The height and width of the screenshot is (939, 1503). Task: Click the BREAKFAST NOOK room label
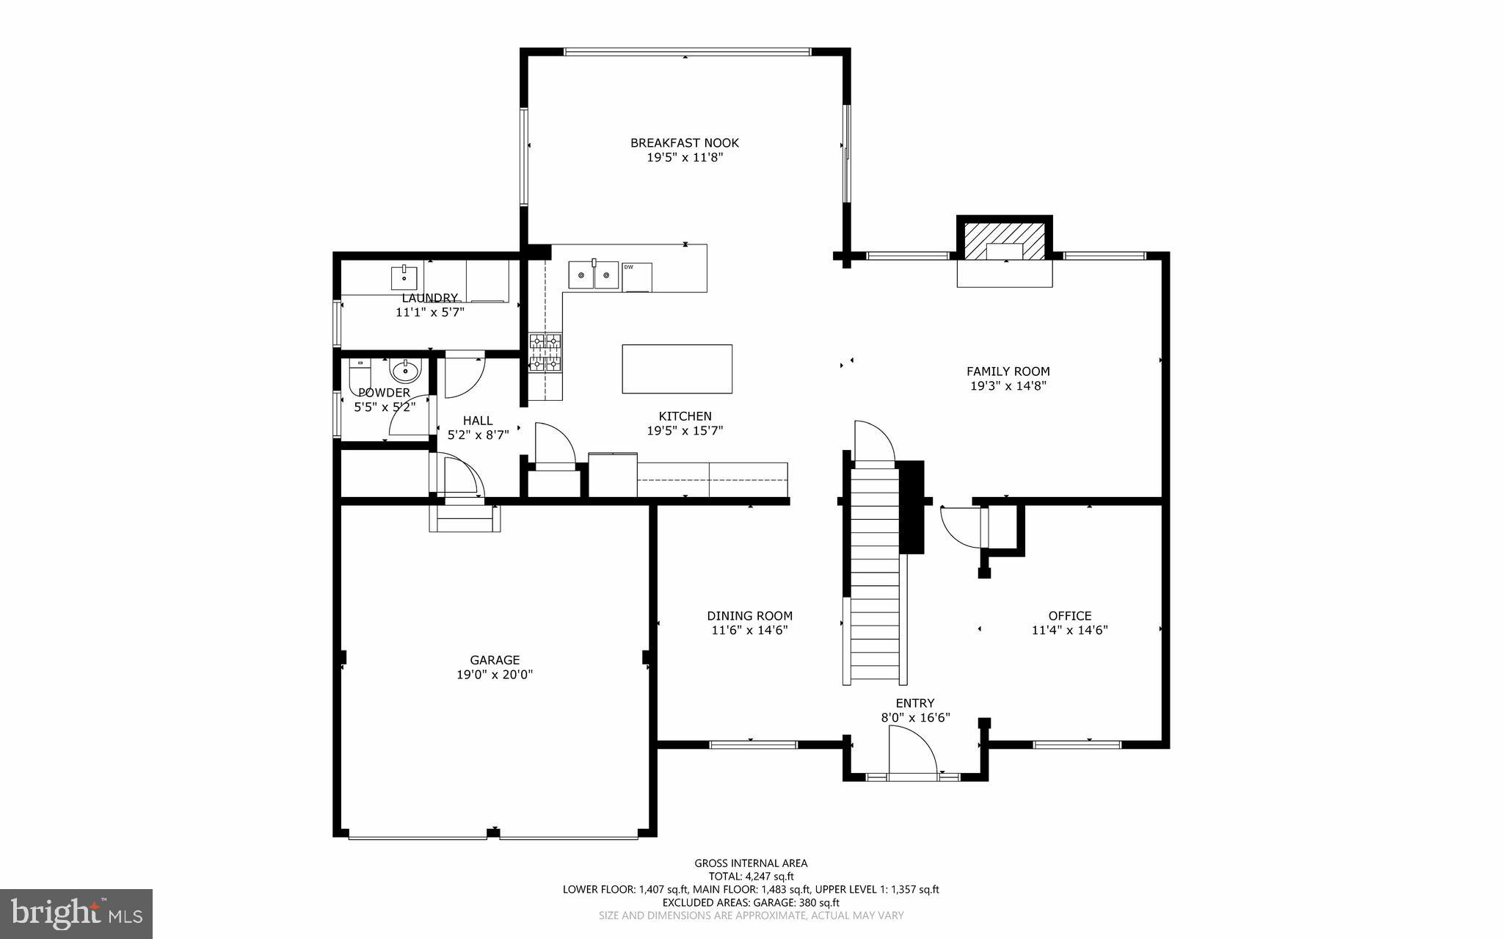click(685, 143)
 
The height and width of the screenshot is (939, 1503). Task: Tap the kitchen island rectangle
click(677, 369)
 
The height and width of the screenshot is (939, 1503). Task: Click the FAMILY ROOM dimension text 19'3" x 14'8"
click(1008, 385)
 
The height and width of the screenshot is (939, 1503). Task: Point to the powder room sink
click(404, 371)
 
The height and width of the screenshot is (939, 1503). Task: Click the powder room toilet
click(360, 374)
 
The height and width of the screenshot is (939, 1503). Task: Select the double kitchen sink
click(594, 275)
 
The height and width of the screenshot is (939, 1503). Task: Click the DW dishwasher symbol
click(636, 277)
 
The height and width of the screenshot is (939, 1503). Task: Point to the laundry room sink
click(404, 278)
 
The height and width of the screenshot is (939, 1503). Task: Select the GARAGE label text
click(495, 660)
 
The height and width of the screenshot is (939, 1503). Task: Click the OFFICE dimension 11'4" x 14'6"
click(1069, 630)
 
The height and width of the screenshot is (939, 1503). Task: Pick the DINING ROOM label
click(749, 616)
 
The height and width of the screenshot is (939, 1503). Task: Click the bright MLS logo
click(76, 913)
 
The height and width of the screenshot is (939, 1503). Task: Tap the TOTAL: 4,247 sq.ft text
click(751, 876)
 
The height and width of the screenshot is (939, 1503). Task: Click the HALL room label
click(478, 421)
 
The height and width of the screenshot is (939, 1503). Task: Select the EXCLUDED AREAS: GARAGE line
click(751, 902)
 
